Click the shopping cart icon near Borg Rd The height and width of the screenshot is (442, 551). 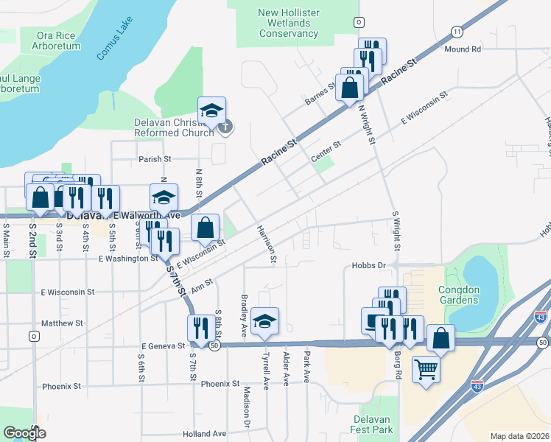[x=426, y=368]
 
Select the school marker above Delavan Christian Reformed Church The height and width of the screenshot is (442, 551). [x=211, y=111]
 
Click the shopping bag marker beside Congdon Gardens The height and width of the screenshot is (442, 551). [x=441, y=338]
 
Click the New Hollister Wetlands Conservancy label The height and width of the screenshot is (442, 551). [x=288, y=23]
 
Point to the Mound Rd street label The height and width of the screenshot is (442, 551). [x=463, y=49]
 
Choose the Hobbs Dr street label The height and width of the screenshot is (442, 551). [x=369, y=265]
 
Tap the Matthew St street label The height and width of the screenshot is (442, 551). [x=63, y=323]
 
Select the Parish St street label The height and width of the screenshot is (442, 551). [x=155, y=158]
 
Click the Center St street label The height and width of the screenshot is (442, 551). [x=326, y=152]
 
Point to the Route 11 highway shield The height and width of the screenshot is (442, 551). [x=457, y=31]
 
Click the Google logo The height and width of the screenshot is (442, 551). [x=24, y=433]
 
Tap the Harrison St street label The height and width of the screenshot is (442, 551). [x=264, y=244]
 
